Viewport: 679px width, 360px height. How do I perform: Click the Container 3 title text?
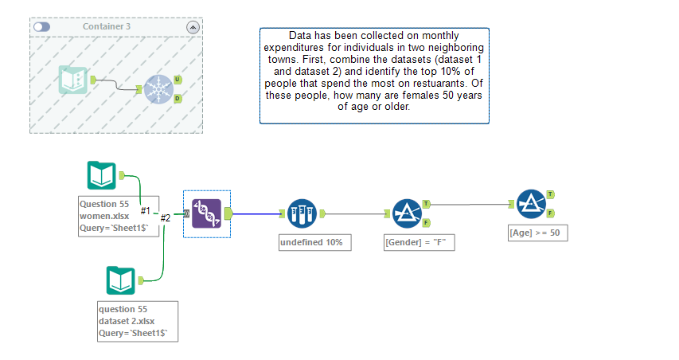coord(107,27)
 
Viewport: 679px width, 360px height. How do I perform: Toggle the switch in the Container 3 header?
coord(41,27)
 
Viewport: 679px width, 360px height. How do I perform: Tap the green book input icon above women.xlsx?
coord(102,175)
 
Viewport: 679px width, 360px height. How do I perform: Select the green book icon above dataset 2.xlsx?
coord(122,280)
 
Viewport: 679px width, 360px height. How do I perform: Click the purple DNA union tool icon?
coord(207,213)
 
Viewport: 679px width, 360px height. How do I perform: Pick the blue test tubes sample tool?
coord(302,213)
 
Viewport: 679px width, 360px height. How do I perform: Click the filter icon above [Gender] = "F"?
coord(407,213)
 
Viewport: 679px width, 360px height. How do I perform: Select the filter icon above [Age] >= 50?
coord(531,204)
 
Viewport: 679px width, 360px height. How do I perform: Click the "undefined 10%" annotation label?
coord(311,242)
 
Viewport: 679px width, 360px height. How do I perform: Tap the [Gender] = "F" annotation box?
coord(419,242)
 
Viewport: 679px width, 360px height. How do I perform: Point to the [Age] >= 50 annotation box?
coord(537,233)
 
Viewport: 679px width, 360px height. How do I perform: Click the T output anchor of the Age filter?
coord(551,194)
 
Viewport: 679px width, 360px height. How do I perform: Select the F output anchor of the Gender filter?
coord(427,222)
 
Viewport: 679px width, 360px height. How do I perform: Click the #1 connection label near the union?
coord(146,210)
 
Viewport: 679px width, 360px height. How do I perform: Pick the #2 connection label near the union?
coord(166,217)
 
